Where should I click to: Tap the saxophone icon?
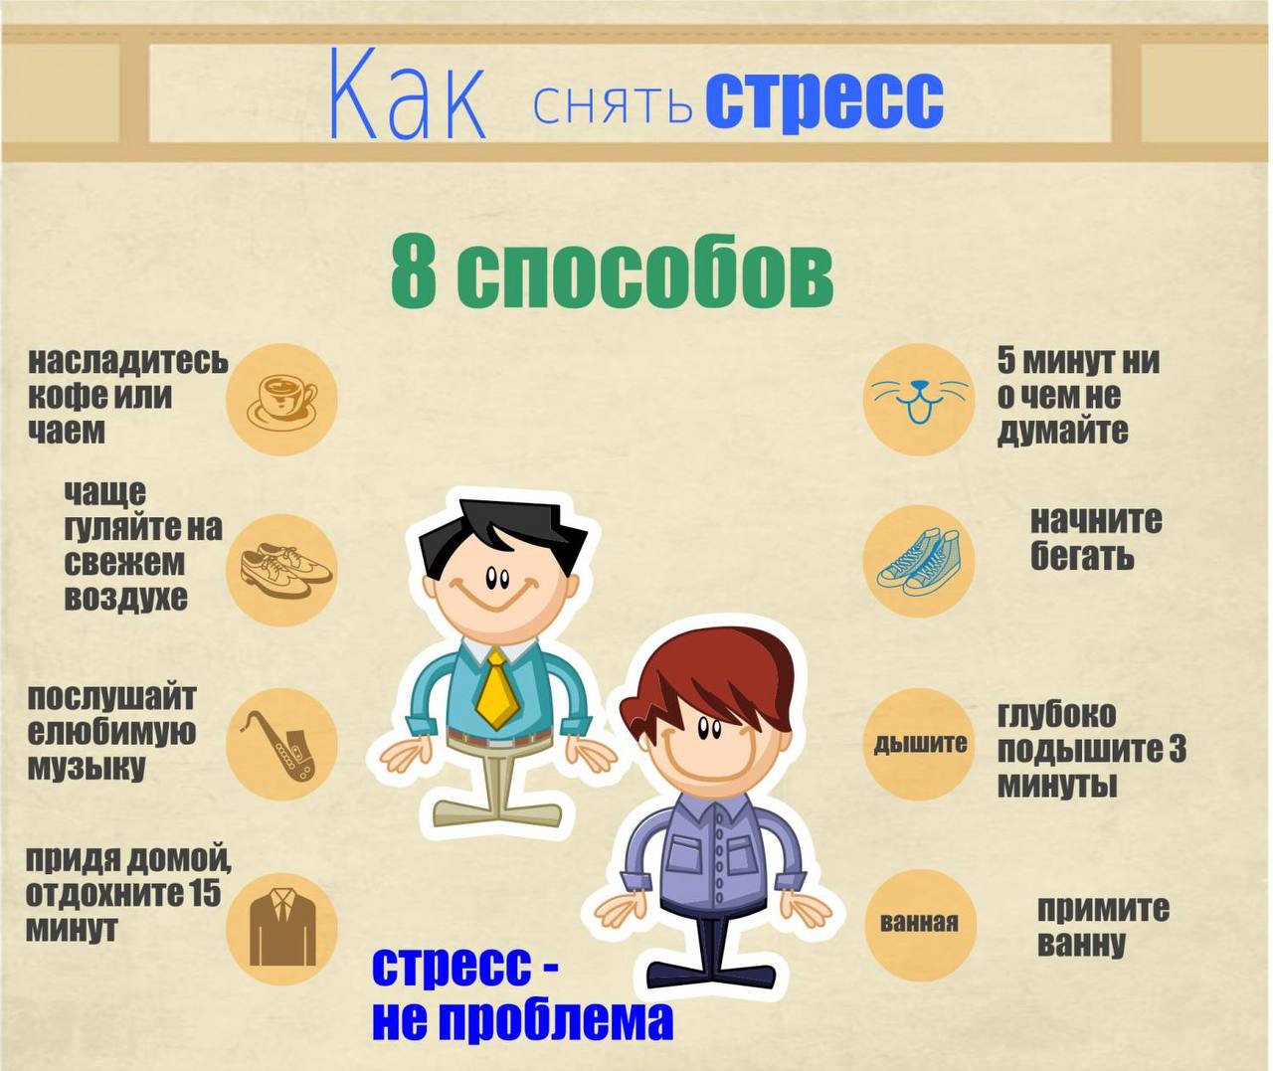tap(279, 746)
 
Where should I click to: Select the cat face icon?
tap(920, 400)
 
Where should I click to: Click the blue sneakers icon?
tap(919, 562)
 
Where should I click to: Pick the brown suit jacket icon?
tap(282, 925)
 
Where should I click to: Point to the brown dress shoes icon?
tap(285, 570)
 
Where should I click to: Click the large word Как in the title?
tap(408, 96)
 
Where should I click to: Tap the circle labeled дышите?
tap(920, 744)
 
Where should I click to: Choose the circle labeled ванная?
tap(920, 923)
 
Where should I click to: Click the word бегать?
tap(1082, 556)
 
